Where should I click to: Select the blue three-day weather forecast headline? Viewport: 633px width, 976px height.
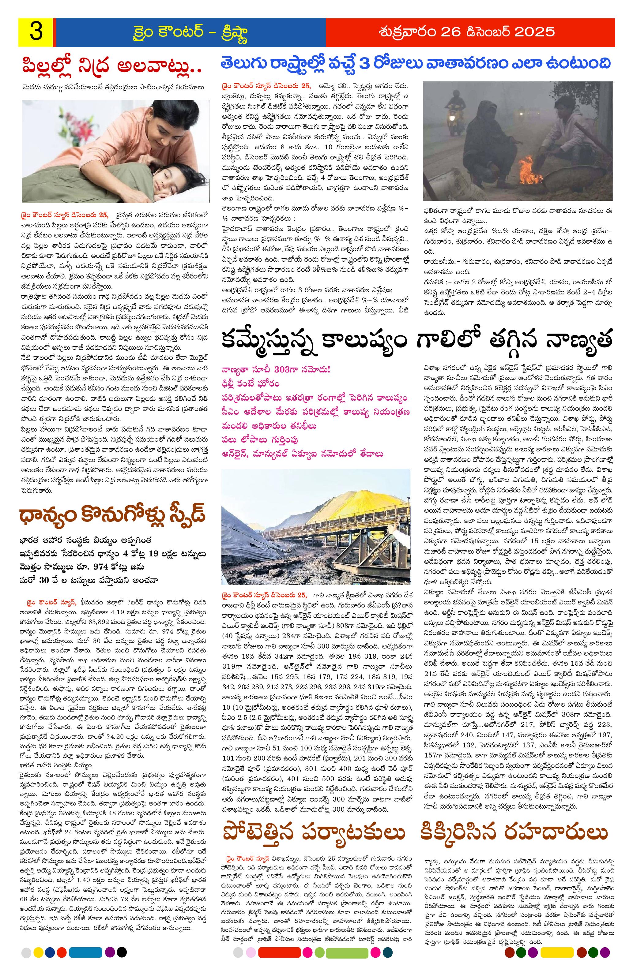(415, 64)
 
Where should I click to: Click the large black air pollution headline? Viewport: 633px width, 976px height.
(417, 340)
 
